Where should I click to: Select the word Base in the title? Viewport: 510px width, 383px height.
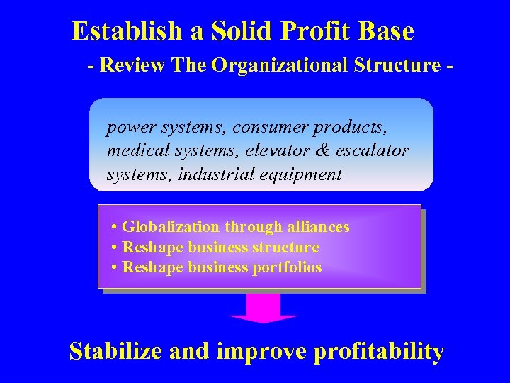pos(385,31)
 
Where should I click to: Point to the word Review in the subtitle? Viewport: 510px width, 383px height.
pos(132,65)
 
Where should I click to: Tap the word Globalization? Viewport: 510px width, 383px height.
pos(171,227)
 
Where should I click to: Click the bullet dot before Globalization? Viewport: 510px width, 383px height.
pos(115,228)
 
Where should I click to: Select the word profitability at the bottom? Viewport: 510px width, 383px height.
pos(378,352)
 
